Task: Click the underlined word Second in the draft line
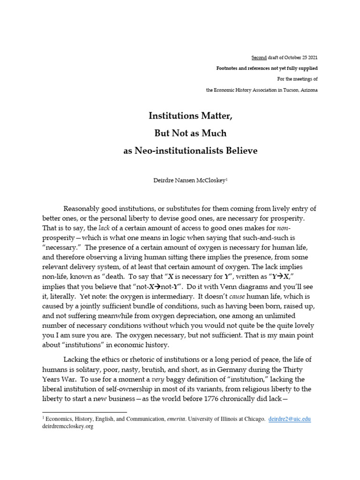(259, 58)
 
